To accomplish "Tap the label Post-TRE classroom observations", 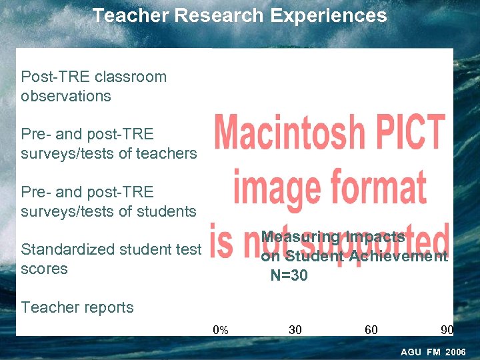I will [x=93, y=86].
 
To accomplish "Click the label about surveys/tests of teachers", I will [x=109, y=144].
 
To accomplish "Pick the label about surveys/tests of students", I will [x=108, y=202].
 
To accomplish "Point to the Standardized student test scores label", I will [x=111, y=259].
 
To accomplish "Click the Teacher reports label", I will [x=77, y=307].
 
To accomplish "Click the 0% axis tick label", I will [x=220, y=329].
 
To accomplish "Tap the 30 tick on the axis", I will [x=295, y=329].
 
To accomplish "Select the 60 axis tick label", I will [x=371, y=329].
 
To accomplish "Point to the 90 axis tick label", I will [x=447, y=329].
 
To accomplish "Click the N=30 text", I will [x=289, y=275].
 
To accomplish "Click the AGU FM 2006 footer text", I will [x=433, y=351].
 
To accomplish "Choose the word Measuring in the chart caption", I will [x=299, y=237].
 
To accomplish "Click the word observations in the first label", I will [x=65, y=96].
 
